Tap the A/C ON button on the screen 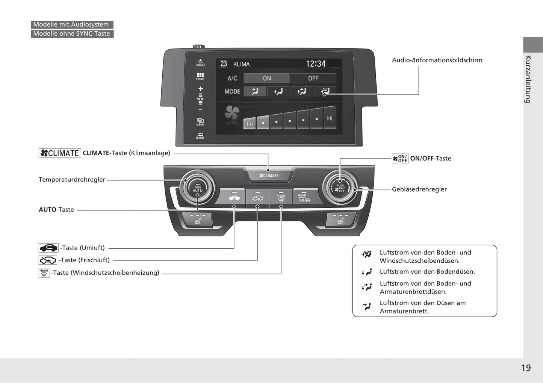[x=266, y=78]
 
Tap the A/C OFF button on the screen [x=313, y=78]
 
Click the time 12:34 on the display [x=315, y=64]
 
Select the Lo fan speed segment [x=250, y=123]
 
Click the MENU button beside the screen [x=200, y=122]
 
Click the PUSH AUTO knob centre [x=198, y=189]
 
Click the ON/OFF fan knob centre [x=340, y=188]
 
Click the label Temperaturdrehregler [x=72, y=180]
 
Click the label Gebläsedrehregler [x=419, y=189]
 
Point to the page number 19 [x=526, y=368]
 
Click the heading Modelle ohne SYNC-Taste [x=72, y=34]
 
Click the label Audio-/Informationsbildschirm [x=437, y=60]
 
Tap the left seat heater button [x=198, y=220]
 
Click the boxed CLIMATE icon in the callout [x=60, y=153]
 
